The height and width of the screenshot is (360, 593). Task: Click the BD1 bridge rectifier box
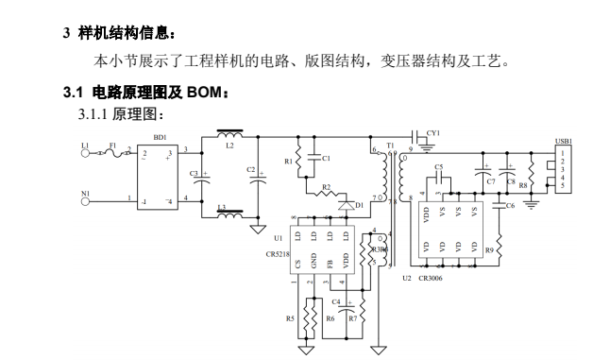pos(157,176)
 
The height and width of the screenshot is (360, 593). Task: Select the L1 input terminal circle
pos(86,151)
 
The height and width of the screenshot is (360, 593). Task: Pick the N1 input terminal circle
pos(86,198)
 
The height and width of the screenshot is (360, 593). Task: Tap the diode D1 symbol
pos(347,205)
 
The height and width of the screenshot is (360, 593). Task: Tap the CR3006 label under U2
pos(431,279)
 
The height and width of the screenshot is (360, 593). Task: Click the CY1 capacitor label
pos(433,133)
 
